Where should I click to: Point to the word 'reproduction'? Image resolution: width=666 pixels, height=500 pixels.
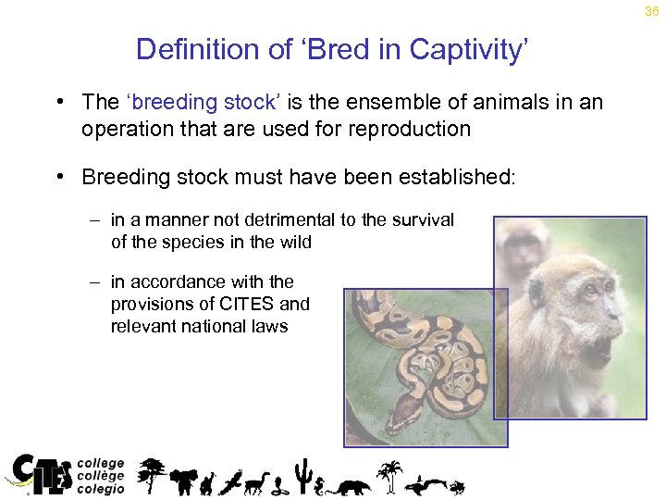point(412,129)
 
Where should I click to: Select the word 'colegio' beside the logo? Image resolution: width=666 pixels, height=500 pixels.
point(100,490)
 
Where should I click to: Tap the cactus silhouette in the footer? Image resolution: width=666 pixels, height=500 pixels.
point(302,476)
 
